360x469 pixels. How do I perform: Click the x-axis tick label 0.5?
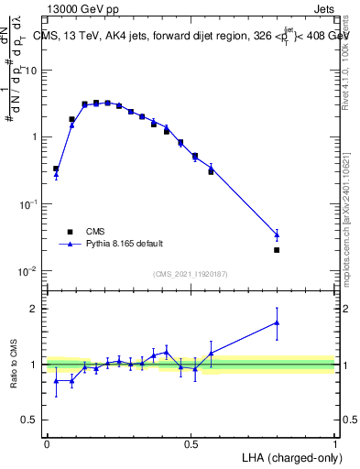[x=191, y=443]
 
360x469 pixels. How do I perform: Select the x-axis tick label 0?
[x=47, y=443]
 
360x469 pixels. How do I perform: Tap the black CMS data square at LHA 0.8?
[x=277, y=249]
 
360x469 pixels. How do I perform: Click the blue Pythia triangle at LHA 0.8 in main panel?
[x=277, y=234]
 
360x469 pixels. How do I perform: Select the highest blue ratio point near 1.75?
[x=277, y=322]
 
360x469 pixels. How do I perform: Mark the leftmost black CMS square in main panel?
[x=56, y=169]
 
